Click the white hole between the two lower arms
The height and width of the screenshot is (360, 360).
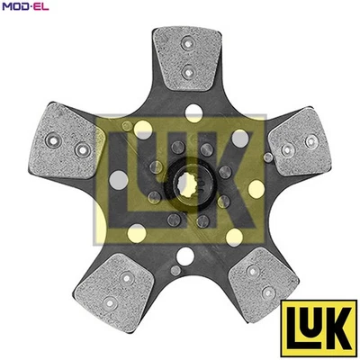coord(186,256)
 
